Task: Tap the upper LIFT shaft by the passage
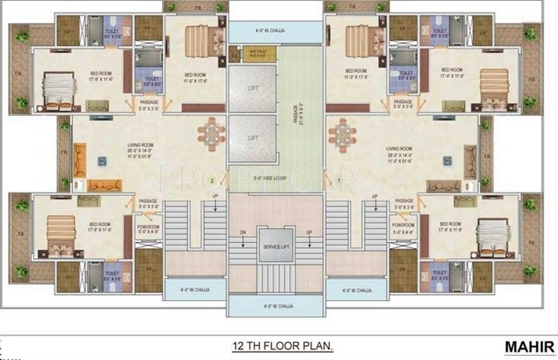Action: click(x=252, y=88)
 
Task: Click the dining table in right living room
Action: click(x=342, y=134)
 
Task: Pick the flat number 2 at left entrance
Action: click(x=212, y=181)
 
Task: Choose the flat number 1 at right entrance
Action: click(x=339, y=181)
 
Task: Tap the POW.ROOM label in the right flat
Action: click(x=403, y=227)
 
